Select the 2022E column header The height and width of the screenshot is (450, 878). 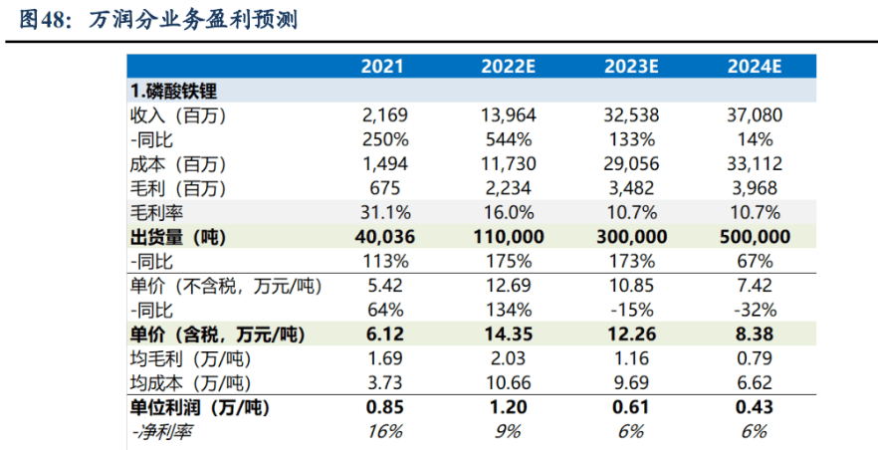[x=508, y=68]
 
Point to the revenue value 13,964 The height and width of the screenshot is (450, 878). [x=508, y=114]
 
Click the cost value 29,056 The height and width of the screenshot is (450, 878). [x=629, y=163]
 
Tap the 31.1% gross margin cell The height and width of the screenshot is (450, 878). [x=383, y=212]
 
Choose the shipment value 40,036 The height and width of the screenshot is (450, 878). [x=383, y=237]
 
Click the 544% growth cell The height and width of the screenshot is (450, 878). [x=508, y=138]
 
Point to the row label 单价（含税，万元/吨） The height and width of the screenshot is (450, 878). [x=212, y=334]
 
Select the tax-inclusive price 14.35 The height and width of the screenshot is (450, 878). [x=508, y=334]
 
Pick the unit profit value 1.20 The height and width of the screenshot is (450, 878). [x=508, y=407]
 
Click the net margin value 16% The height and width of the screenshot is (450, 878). [x=383, y=431]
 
